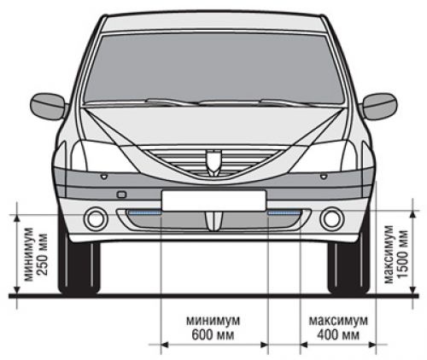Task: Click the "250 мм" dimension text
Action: [43, 254]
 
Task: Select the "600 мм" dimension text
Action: [213, 334]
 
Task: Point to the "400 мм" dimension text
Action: [338, 334]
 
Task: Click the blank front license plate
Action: [213, 200]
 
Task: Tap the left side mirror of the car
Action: [49, 106]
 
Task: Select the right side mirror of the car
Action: [379, 106]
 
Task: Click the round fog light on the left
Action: [96, 218]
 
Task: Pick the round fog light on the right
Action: [332, 218]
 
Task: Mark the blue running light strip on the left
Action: [144, 212]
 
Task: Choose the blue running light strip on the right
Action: [284, 212]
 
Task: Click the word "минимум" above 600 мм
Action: [213, 321]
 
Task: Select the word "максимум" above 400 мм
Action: [338, 321]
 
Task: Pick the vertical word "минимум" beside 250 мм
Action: [30, 254]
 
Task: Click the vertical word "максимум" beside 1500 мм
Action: [389, 254]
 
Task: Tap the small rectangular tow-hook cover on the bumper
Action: [121, 195]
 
